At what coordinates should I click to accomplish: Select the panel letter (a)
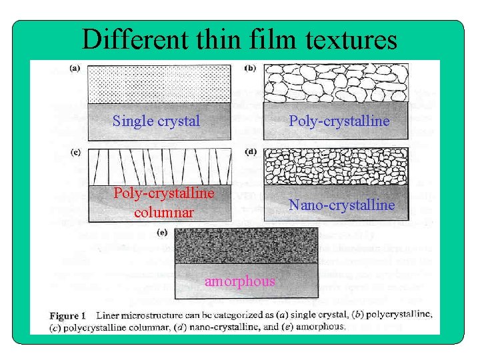coord(77,68)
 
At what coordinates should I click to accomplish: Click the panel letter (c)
coord(77,152)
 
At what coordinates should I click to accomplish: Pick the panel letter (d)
coord(251,152)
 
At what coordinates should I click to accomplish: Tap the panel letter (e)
coord(162,232)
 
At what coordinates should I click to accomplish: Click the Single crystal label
coord(156,121)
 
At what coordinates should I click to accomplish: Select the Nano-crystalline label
coord(341,205)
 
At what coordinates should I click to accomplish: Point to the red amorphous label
coord(239,281)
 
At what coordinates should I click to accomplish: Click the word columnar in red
coord(164,213)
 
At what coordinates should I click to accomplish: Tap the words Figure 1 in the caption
coord(69,315)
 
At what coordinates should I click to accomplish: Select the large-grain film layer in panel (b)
coord(336,83)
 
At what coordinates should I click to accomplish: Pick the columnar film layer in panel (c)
coord(160,167)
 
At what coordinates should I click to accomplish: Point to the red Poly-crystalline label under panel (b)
coord(339,121)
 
